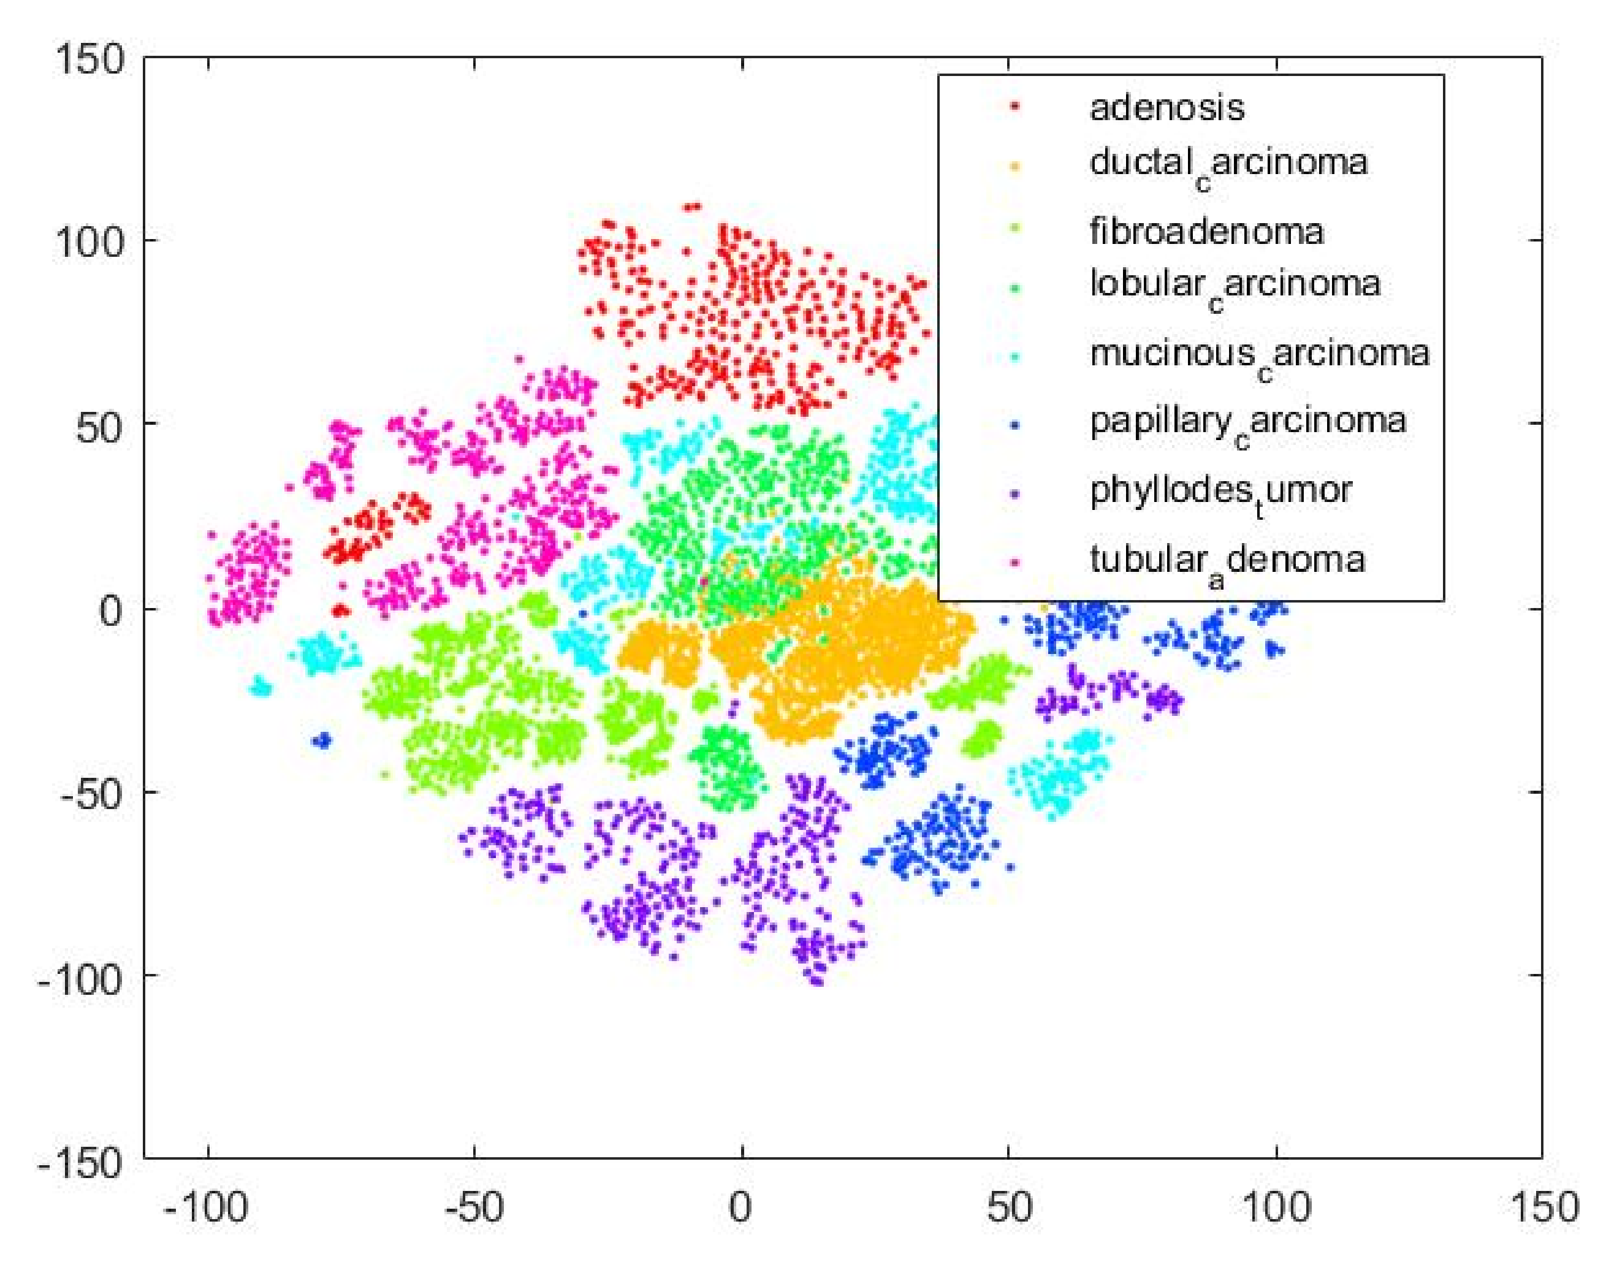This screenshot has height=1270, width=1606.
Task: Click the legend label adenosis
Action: coord(1166,107)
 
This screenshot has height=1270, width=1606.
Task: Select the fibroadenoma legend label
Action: coord(1206,231)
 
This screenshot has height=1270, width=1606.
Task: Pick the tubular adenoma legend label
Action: coord(1227,560)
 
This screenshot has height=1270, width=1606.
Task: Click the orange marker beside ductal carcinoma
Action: coord(1014,165)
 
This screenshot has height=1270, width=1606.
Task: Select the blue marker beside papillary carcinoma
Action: coord(1014,424)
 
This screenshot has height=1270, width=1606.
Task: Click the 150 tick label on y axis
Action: coord(88,58)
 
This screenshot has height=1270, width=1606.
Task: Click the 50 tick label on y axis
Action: coord(99,427)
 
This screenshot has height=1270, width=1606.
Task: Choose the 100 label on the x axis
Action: coord(1276,1206)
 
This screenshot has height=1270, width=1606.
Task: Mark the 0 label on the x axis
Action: coord(740,1206)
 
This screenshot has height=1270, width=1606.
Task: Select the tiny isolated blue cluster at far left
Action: coord(322,740)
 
